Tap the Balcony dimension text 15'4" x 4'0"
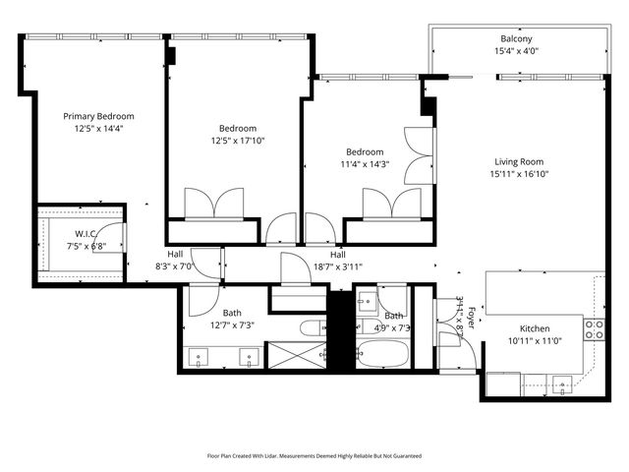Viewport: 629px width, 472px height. point(515,51)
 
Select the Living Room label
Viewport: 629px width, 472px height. point(518,162)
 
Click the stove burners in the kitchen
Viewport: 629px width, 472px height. point(594,328)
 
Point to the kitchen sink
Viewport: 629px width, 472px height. point(561,383)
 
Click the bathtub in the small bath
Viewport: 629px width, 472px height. point(381,352)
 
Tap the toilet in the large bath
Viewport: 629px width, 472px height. point(310,328)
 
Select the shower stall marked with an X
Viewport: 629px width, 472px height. point(295,354)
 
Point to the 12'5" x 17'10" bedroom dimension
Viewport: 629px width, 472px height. point(237,140)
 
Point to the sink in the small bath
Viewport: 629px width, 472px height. point(365,300)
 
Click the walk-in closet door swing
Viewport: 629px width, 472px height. point(112,237)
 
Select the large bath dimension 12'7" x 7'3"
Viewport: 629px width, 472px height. point(231,324)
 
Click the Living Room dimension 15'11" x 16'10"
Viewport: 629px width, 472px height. point(518,174)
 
